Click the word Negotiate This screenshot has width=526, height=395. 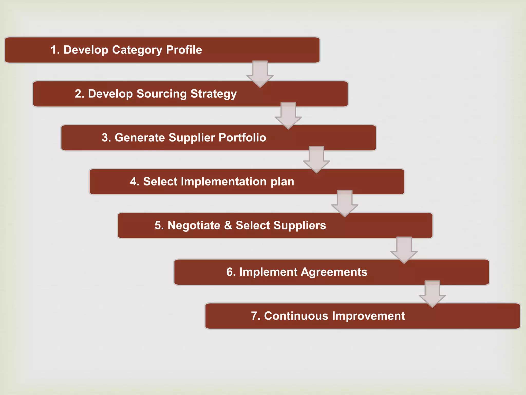click(x=194, y=226)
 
